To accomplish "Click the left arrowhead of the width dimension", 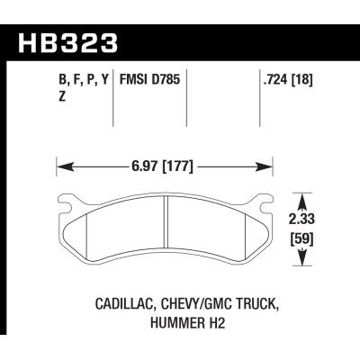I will coord(61,166).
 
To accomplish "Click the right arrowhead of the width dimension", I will coord(268,166).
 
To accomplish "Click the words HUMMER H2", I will coord(180,319).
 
